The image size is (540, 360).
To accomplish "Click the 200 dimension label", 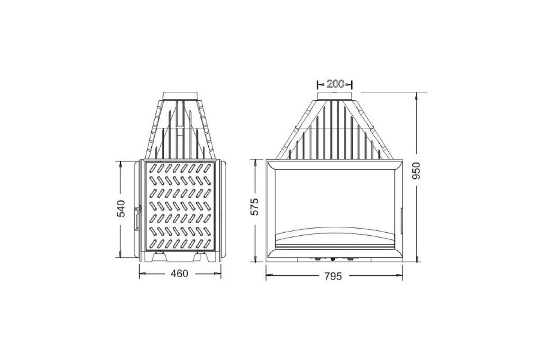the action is tap(335, 84).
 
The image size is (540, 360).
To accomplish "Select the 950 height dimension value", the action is tap(416, 171).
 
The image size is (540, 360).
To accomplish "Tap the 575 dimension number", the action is tap(254, 207).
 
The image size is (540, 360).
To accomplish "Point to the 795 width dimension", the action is tap(333, 276).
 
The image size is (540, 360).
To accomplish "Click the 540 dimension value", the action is tap(121, 208).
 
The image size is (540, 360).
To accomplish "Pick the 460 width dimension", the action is tap(180, 274).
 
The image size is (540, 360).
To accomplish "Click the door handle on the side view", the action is tap(138, 218).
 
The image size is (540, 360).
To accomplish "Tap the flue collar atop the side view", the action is tap(180, 96).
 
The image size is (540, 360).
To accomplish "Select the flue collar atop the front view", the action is tap(335, 96).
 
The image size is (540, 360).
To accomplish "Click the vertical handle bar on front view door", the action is tap(401, 221).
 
